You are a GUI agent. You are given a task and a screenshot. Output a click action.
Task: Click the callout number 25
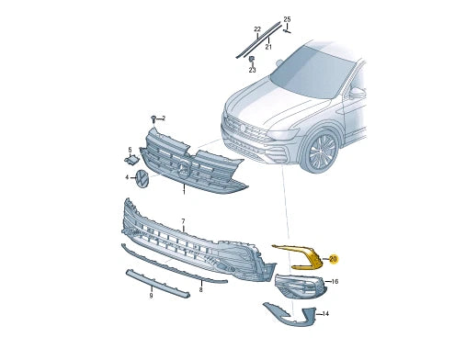(287, 20)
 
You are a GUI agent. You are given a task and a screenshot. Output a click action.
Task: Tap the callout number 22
(257, 29)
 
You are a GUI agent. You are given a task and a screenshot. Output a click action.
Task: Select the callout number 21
(268, 47)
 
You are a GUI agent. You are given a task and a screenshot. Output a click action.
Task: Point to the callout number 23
(252, 70)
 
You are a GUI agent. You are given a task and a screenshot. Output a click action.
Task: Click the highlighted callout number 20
(333, 259)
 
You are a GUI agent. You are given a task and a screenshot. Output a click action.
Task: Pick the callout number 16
(335, 281)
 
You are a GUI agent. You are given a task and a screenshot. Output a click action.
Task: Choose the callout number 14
(325, 314)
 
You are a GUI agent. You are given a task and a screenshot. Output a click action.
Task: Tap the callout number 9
(151, 296)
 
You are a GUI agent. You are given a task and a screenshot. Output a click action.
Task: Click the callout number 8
(200, 289)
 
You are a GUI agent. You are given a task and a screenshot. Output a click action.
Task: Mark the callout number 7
(183, 221)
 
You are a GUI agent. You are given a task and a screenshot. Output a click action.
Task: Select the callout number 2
(164, 118)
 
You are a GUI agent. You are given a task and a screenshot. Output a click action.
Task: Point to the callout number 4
(127, 177)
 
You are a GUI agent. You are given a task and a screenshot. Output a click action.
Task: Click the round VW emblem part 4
(142, 178)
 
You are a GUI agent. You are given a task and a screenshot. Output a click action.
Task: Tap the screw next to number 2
(154, 118)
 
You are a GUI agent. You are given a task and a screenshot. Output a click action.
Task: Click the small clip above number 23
(251, 59)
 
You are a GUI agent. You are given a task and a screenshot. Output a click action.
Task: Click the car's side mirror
(357, 93)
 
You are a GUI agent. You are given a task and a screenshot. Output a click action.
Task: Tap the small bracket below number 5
(131, 160)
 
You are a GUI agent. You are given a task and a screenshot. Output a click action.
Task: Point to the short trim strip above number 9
(157, 283)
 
